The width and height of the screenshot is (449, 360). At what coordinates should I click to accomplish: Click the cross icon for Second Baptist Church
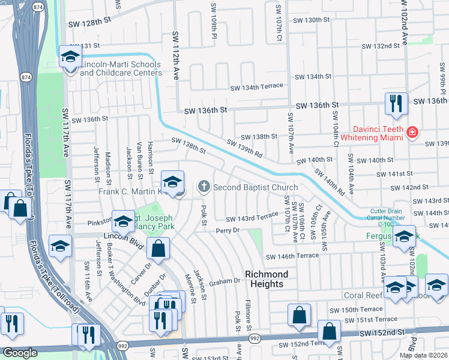[204, 187]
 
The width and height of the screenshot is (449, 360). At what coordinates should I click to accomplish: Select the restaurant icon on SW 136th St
[396, 103]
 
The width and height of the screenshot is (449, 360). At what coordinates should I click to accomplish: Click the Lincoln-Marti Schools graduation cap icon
[71, 57]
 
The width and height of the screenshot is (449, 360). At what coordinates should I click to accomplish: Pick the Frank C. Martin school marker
[173, 182]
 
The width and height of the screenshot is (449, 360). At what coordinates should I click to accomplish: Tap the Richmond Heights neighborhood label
[267, 279]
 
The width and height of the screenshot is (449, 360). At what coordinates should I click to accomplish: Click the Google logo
[20, 353]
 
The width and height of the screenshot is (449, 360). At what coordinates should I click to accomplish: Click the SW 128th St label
[90, 20]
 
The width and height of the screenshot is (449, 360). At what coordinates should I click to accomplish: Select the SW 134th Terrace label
[258, 86]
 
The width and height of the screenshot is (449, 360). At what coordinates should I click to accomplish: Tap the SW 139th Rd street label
[245, 149]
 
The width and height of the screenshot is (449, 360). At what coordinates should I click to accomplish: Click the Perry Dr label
[228, 230]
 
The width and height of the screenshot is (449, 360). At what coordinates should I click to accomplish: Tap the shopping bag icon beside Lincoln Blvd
[158, 248]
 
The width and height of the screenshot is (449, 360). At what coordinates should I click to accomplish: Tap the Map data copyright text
[423, 355]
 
